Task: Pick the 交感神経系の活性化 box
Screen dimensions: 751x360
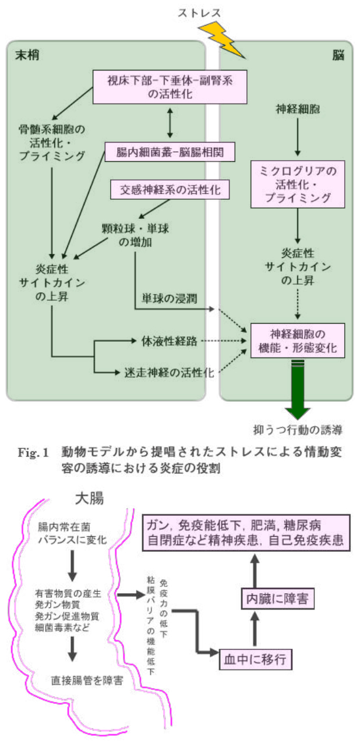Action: tap(168, 189)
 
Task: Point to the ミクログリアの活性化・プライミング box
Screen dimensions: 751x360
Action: tap(298, 185)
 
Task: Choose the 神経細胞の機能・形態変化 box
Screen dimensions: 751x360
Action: tap(298, 342)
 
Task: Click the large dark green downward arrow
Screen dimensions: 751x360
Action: tap(298, 390)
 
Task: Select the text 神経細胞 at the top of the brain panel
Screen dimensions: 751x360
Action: tap(298, 108)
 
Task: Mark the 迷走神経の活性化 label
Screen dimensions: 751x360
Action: tap(169, 371)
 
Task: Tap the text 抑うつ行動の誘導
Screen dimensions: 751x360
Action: tap(298, 431)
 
